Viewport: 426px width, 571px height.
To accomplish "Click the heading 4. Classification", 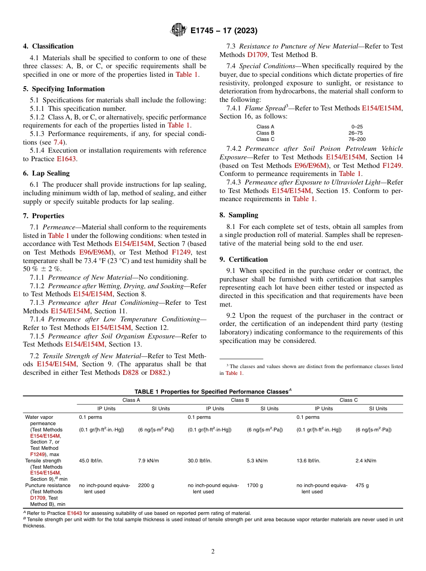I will (x=48, y=46).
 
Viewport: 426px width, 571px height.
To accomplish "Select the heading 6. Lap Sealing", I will (x=46, y=173).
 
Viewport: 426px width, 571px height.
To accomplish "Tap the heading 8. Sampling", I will (x=239, y=215).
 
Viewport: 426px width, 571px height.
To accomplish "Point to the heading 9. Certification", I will (x=243, y=259).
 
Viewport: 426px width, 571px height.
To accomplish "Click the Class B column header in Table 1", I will (x=240, y=400).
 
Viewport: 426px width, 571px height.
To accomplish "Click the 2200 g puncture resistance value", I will (x=146, y=485).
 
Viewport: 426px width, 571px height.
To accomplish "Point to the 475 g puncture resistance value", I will (x=362, y=485).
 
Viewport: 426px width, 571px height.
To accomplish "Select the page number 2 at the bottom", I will (x=213, y=552).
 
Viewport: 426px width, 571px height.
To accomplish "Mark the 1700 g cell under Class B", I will (x=255, y=485).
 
